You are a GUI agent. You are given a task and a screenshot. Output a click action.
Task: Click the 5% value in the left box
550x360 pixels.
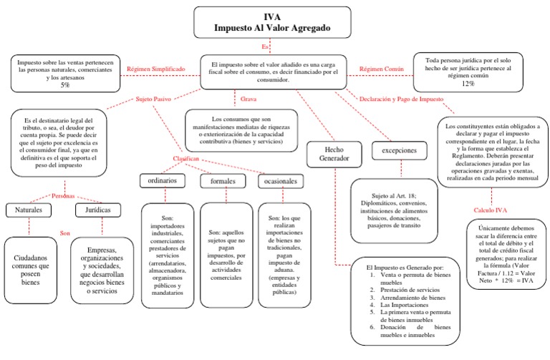pyautogui.click(x=65, y=85)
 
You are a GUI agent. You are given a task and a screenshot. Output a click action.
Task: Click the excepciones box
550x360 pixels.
pyautogui.click(x=400, y=151)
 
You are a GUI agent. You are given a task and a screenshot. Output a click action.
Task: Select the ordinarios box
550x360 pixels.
pyautogui.click(x=163, y=180)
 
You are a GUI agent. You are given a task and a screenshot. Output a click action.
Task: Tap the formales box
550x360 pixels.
pyautogui.click(x=223, y=182)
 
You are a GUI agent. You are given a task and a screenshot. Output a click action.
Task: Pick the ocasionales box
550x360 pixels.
pyautogui.click(x=281, y=182)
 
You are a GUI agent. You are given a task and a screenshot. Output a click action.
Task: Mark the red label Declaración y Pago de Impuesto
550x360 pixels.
pyautogui.click(x=401, y=99)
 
